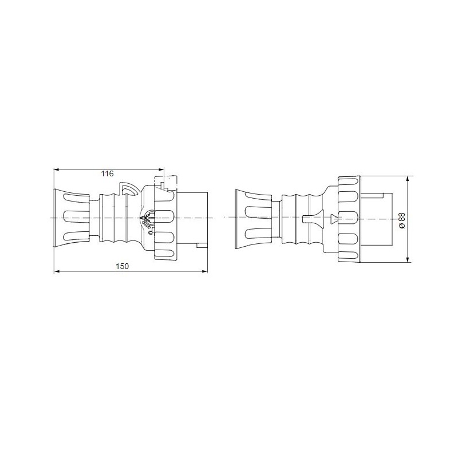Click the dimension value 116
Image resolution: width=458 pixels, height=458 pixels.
(107, 173)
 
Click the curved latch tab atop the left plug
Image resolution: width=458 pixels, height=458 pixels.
(129, 189)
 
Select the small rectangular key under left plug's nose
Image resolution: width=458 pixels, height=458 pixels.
(200, 246)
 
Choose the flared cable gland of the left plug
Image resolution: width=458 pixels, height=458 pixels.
(72, 218)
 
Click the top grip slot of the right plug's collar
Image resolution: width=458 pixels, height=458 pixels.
(348, 185)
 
